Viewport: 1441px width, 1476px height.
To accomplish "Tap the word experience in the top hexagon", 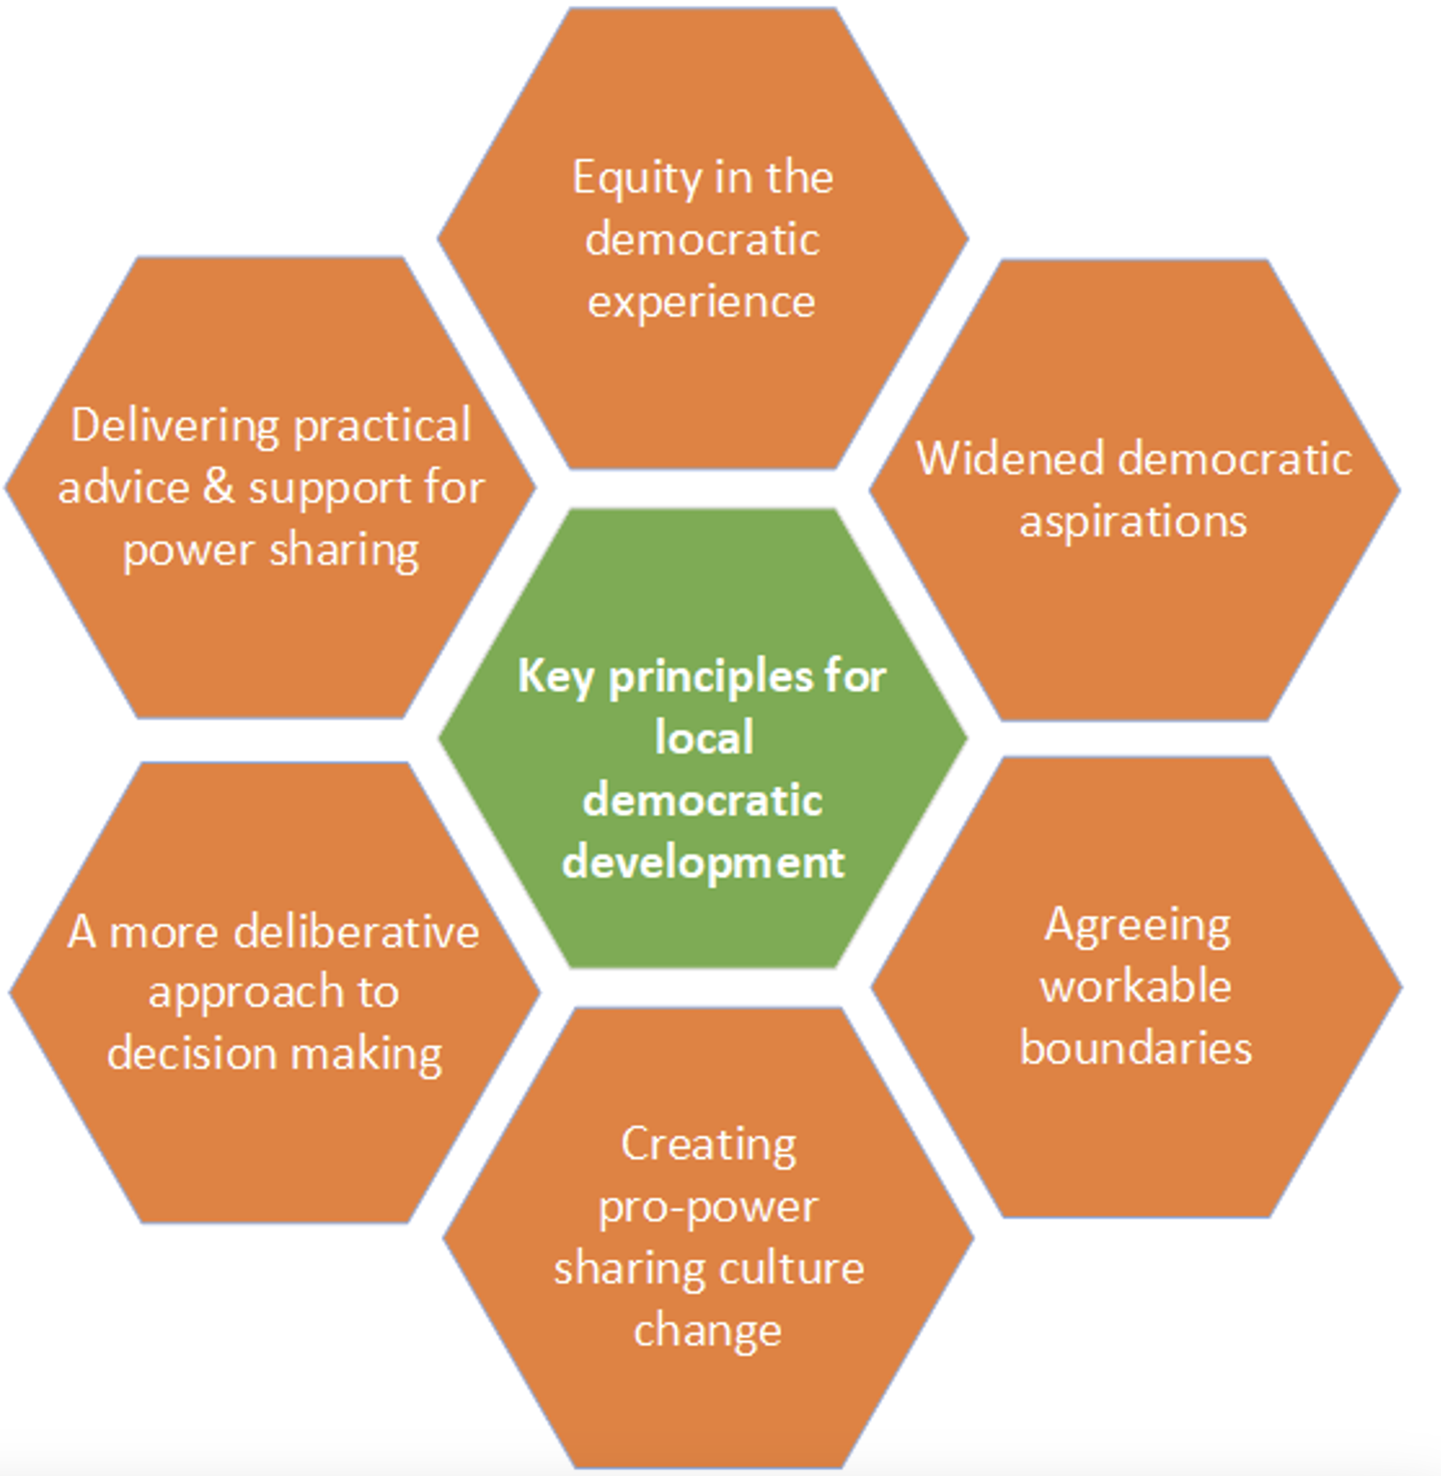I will tap(702, 303).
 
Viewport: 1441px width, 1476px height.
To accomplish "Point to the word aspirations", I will tap(1133, 522).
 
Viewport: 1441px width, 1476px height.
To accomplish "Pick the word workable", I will tap(1136, 987).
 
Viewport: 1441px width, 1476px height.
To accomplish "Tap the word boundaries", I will tap(1136, 1048).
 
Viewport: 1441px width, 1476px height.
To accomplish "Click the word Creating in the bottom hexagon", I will tap(708, 1146).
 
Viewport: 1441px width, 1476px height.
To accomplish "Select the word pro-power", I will tap(708, 1207).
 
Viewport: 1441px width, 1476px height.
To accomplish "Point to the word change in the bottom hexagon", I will tap(707, 1331).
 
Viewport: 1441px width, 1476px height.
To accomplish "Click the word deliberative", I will tap(356, 933).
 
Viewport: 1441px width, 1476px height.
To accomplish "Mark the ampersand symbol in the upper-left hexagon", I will tap(219, 487).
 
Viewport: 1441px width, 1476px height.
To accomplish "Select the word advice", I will tap(123, 488).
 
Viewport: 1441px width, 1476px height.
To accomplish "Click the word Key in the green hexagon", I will tap(555, 677).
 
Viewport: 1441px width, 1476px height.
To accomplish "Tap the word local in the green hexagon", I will tap(704, 739).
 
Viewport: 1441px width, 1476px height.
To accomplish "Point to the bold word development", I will tap(703, 863).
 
